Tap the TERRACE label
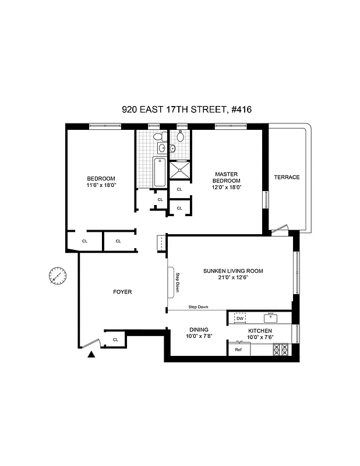[287, 177]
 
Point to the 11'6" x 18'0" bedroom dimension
[101, 186]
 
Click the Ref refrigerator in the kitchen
[238, 349]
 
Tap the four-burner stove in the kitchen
[280, 349]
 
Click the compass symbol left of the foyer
[56, 275]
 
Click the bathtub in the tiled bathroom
[159, 172]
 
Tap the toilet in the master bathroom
[181, 137]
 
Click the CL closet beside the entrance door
[115, 339]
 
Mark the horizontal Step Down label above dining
[198, 307]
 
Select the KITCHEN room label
[260, 330]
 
